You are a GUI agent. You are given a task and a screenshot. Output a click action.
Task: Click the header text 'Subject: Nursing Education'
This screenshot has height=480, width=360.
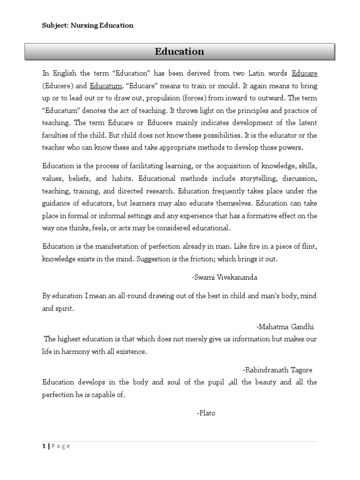pyautogui.click(x=88, y=26)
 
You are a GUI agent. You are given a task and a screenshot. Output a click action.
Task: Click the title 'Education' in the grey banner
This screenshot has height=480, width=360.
pyautogui.click(x=180, y=52)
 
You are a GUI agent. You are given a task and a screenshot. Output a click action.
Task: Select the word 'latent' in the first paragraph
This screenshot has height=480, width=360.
pyautogui.click(x=307, y=122)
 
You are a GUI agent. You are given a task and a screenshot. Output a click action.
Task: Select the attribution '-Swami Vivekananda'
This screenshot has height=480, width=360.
pyautogui.click(x=224, y=277)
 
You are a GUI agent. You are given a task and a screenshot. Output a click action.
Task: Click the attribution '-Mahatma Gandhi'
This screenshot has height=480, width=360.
pyautogui.click(x=285, y=327)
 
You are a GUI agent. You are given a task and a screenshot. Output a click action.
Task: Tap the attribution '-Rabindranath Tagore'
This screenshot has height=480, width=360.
pyautogui.click(x=277, y=370)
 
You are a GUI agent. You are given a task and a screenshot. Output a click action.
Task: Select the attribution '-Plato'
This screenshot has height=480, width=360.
pyautogui.click(x=206, y=413)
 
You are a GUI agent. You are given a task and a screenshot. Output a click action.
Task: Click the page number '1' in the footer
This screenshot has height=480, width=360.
pyautogui.click(x=44, y=446)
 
